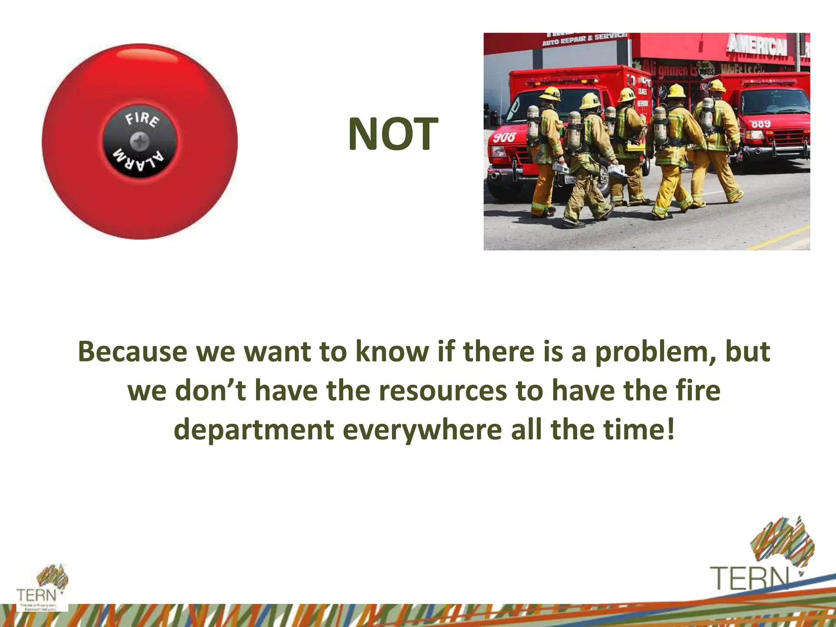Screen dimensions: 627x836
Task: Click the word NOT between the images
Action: point(393,134)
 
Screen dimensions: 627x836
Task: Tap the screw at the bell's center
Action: point(140,142)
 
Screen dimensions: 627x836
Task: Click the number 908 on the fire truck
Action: point(504,137)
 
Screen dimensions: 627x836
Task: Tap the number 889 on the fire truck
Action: point(761,123)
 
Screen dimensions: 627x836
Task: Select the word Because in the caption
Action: point(132,351)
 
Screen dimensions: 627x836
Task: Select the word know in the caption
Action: point(391,351)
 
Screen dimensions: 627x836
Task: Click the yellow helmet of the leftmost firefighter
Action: point(550,93)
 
